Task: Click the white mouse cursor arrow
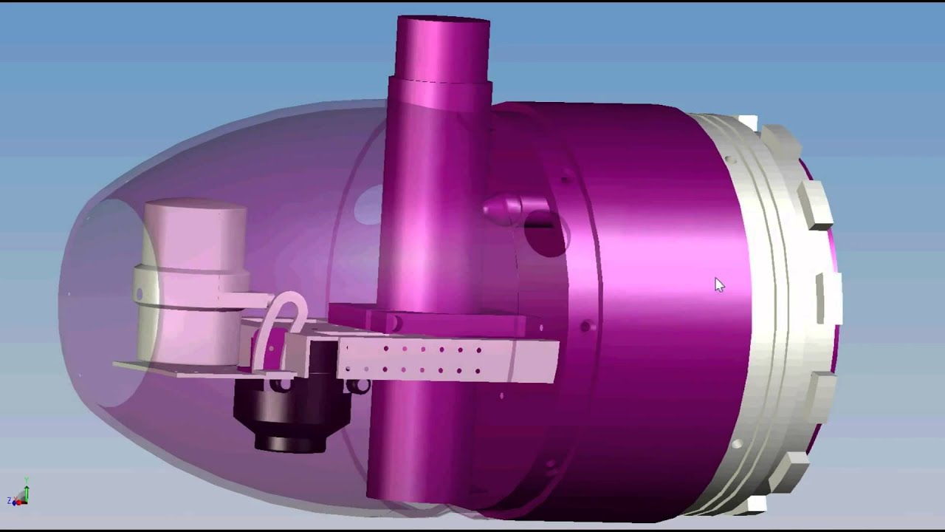[719, 285]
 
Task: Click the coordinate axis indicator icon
[19, 494]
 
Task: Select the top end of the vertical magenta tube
[443, 30]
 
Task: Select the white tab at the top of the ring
[747, 123]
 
